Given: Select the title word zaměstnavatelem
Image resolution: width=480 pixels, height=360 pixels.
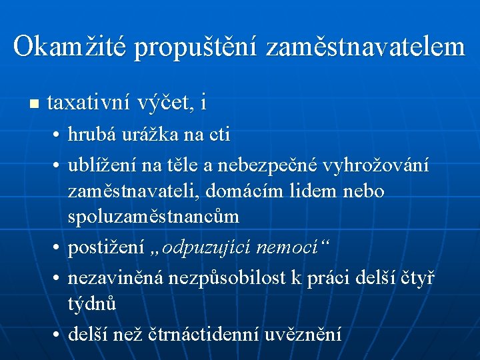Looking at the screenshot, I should [x=365, y=47].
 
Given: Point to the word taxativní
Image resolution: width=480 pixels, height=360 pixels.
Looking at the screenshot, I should [x=89, y=103].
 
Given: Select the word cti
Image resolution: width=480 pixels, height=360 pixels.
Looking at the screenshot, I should [x=218, y=135].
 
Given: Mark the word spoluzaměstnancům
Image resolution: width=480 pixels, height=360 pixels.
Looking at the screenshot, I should [x=153, y=218].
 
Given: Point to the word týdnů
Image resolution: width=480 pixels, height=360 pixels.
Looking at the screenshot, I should [x=92, y=304].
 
